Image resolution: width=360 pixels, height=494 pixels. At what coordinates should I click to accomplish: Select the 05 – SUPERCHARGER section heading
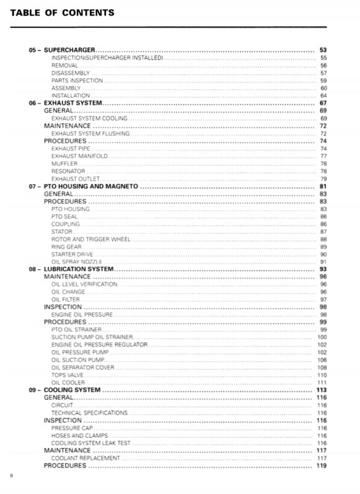(x=62, y=50)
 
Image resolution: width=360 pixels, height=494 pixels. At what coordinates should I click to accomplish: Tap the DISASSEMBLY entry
(x=71, y=73)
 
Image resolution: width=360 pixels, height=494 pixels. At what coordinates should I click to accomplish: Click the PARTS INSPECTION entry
(x=77, y=80)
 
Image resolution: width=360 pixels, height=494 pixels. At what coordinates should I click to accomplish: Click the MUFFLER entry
(x=64, y=164)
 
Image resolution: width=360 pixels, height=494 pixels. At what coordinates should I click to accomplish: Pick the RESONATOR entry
(x=68, y=171)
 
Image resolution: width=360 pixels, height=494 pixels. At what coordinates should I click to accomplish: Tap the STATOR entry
(x=62, y=232)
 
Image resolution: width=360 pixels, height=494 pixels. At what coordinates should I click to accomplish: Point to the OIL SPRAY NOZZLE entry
(x=77, y=262)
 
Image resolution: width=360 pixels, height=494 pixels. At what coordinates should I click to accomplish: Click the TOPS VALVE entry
(x=68, y=375)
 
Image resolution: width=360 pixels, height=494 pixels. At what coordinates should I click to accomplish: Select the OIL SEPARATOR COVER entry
(x=83, y=368)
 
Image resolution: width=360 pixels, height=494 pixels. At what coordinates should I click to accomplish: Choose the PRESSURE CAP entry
(x=72, y=428)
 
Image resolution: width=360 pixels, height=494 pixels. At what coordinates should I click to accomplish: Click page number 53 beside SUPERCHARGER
(x=323, y=50)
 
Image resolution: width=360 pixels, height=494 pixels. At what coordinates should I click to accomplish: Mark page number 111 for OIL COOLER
(x=322, y=382)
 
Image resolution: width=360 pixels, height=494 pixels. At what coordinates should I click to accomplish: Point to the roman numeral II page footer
(x=11, y=476)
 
